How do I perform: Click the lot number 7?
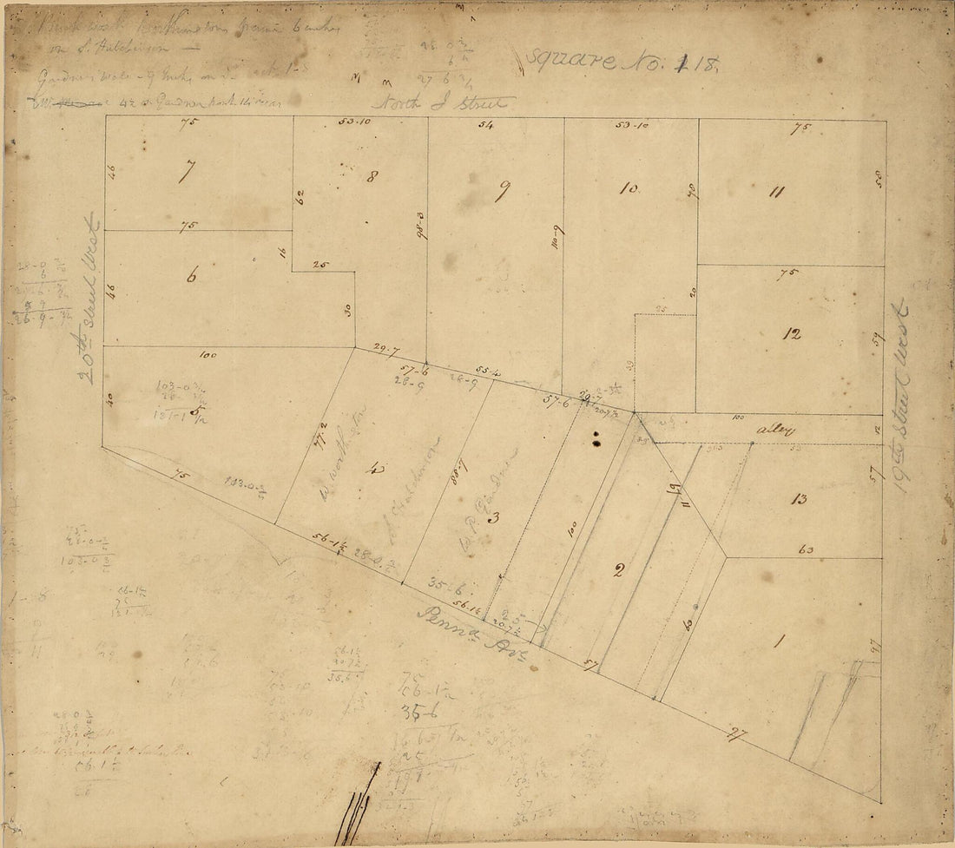pos(184,172)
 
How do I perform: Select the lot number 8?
pos(372,178)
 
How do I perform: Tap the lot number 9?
pos(501,192)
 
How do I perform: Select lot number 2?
pos(618,570)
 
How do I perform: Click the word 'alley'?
pos(768,430)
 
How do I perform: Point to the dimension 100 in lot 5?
pos(207,355)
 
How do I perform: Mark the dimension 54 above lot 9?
pos(485,126)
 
